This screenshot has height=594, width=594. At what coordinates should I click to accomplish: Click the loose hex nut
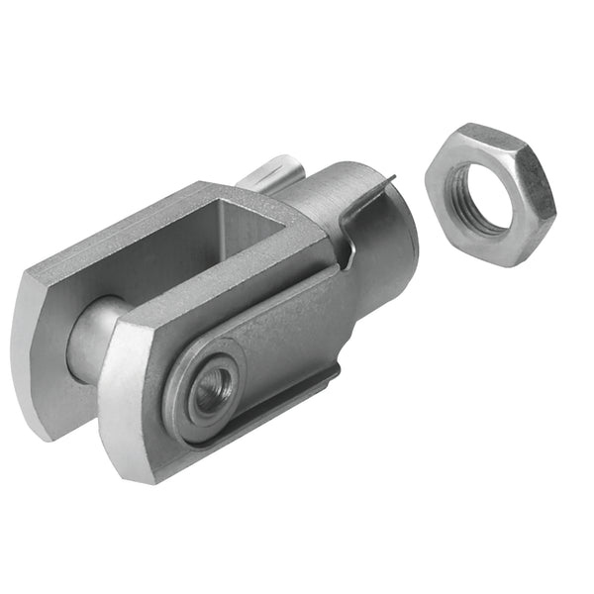[489, 194]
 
